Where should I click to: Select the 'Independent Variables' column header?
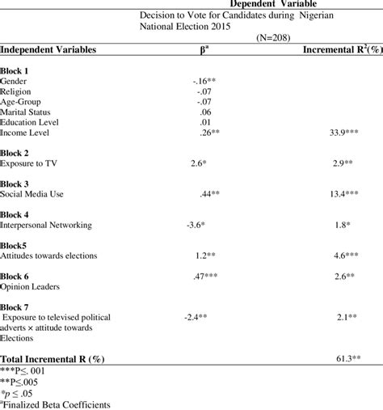pyautogui.click(x=48, y=50)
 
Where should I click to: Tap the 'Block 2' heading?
pyautogui.click(x=16, y=152)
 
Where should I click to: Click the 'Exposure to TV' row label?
pyautogui.click(x=29, y=164)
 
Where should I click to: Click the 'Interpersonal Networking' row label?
pyautogui.click(x=46, y=226)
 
